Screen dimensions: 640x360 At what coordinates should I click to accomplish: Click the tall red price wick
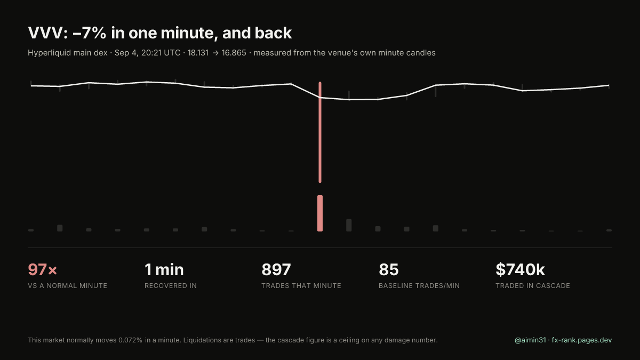(320, 132)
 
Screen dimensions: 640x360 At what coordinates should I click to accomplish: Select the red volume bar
(320, 213)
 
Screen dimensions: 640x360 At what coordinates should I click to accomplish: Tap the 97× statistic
(43, 269)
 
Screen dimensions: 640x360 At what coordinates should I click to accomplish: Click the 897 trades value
(276, 269)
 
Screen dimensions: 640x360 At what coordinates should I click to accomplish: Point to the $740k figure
(520, 269)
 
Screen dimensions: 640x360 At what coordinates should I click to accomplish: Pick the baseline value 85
(389, 269)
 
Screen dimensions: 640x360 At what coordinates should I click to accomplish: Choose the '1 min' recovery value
(164, 269)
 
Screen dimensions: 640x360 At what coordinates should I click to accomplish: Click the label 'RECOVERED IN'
(171, 286)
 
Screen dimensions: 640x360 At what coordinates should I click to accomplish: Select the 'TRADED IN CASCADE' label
(533, 286)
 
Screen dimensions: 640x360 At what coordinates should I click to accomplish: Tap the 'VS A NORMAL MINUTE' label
(67, 286)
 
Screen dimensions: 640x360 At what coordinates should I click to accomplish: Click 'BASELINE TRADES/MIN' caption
(419, 286)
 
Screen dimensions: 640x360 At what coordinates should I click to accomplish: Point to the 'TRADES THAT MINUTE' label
(301, 286)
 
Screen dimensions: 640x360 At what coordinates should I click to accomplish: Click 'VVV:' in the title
(47, 33)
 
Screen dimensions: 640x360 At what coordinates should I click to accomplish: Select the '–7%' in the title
(90, 33)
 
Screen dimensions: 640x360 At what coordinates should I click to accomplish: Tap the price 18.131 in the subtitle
(198, 53)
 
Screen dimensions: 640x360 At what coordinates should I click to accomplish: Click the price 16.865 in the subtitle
(234, 53)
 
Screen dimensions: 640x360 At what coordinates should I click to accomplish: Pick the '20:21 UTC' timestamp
(161, 53)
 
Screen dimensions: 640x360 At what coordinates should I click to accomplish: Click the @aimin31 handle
(530, 340)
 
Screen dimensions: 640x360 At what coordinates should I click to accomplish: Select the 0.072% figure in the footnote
(130, 340)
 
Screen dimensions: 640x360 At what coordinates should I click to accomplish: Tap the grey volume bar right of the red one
(349, 225)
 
